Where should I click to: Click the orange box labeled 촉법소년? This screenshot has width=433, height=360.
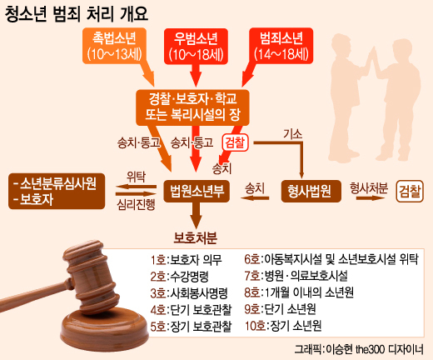coord(114,46)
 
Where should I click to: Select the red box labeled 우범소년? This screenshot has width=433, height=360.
coord(196,47)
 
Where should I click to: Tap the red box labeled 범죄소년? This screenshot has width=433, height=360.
coord(281,46)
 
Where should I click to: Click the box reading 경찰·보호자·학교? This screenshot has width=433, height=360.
coord(192,107)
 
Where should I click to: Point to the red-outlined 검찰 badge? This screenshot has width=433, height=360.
coord(235,142)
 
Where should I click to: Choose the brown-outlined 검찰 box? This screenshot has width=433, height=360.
coord(410,191)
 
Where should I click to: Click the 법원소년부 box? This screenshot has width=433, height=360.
coord(197,191)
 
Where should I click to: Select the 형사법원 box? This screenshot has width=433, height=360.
coord(311,191)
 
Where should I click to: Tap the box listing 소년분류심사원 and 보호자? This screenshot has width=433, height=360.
coord(57,191)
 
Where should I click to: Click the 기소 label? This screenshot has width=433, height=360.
coord(292,134)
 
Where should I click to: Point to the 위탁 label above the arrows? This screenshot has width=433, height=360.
coord(136,177)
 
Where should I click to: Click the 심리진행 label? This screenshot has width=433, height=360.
coord(136,205)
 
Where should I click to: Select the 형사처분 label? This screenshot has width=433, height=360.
coord(369,188)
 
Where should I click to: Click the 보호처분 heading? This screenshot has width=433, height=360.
coord(196,237)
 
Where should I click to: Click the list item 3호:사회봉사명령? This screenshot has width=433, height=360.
coord(189,292)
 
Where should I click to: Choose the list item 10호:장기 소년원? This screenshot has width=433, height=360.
coord(283,326)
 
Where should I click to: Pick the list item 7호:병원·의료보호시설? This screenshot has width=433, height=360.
coord(296,276)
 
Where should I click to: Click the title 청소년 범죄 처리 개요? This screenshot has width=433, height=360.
coord(77,14)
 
